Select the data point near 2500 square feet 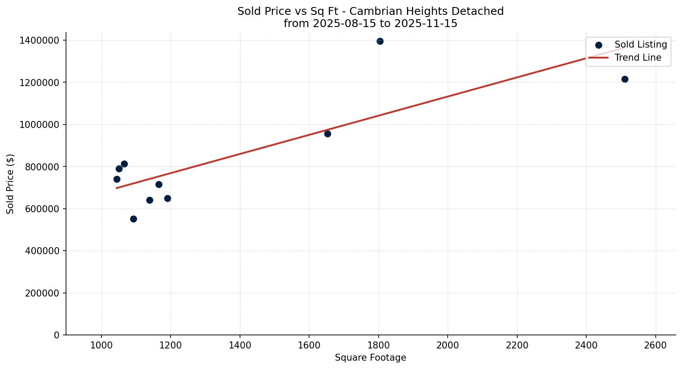625,79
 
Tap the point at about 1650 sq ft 327,134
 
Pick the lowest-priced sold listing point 133,219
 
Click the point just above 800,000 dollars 124,164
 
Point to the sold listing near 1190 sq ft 167,198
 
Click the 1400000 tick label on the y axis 39,41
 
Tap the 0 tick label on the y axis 56,335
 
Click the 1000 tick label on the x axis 101,345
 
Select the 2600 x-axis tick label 655,345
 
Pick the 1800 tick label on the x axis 378,345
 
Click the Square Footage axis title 370,358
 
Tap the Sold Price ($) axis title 10,184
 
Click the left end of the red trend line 117,188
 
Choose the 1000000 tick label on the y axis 39,125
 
